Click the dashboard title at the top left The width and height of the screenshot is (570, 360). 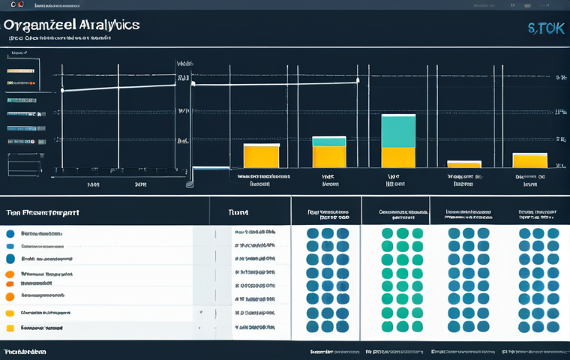coord(71,25)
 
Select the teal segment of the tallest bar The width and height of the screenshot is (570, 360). coord(398,131)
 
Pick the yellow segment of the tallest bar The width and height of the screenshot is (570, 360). coord(398,157)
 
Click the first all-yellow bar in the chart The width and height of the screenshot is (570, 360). coord(261,156)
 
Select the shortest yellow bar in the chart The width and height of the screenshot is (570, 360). coord(463,164)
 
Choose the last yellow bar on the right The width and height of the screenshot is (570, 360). coord(529,160)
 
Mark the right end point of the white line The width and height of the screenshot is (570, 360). coord(357,80)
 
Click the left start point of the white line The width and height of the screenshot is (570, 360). coord(62,91)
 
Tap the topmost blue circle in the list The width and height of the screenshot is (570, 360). coord(10,234)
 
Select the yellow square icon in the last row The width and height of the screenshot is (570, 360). coord(10,328)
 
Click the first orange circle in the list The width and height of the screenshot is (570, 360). coord(10,274)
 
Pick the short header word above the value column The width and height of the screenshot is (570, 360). coord(238,213)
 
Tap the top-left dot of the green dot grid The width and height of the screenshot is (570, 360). coord(387,233)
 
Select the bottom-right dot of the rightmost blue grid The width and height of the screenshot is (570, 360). coord(553,327)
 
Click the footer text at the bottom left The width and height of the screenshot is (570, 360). coord(24,351)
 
